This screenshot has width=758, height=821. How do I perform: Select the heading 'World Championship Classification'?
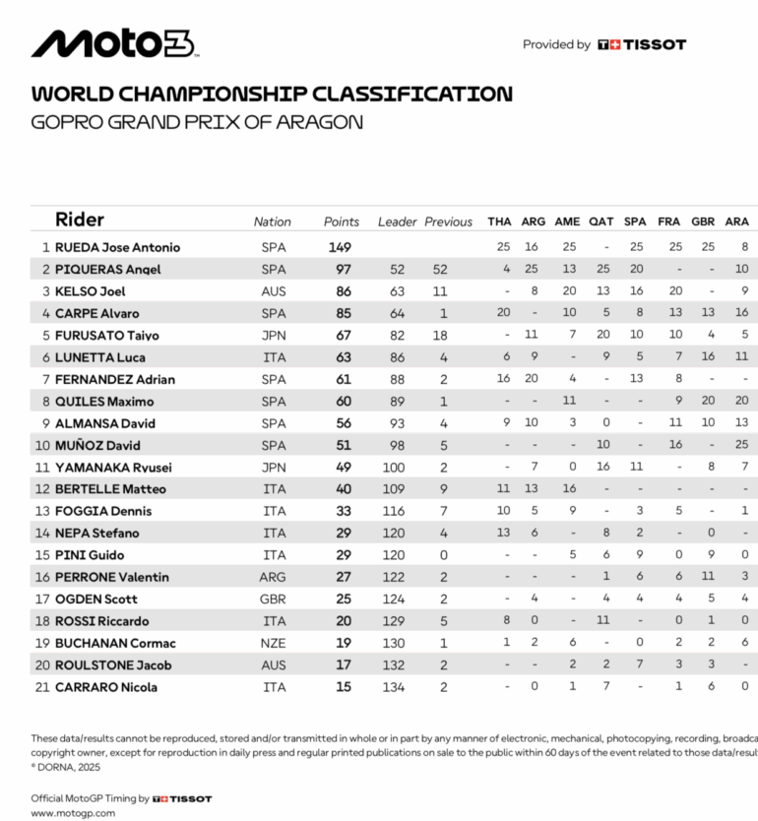tap(272, 95)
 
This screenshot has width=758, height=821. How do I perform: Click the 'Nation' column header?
tap(273, 221)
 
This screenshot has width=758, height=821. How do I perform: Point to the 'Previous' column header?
tap(448, 221)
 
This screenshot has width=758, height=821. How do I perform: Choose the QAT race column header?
tap(600, 221)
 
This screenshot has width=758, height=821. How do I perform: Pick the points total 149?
tap(340, 247)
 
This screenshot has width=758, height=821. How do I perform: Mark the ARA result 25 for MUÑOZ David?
tap(741, 445)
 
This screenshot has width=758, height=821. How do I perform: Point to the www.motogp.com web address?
tap(73, 814)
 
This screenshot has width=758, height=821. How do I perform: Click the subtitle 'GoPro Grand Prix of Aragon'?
tap(197, 122)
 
